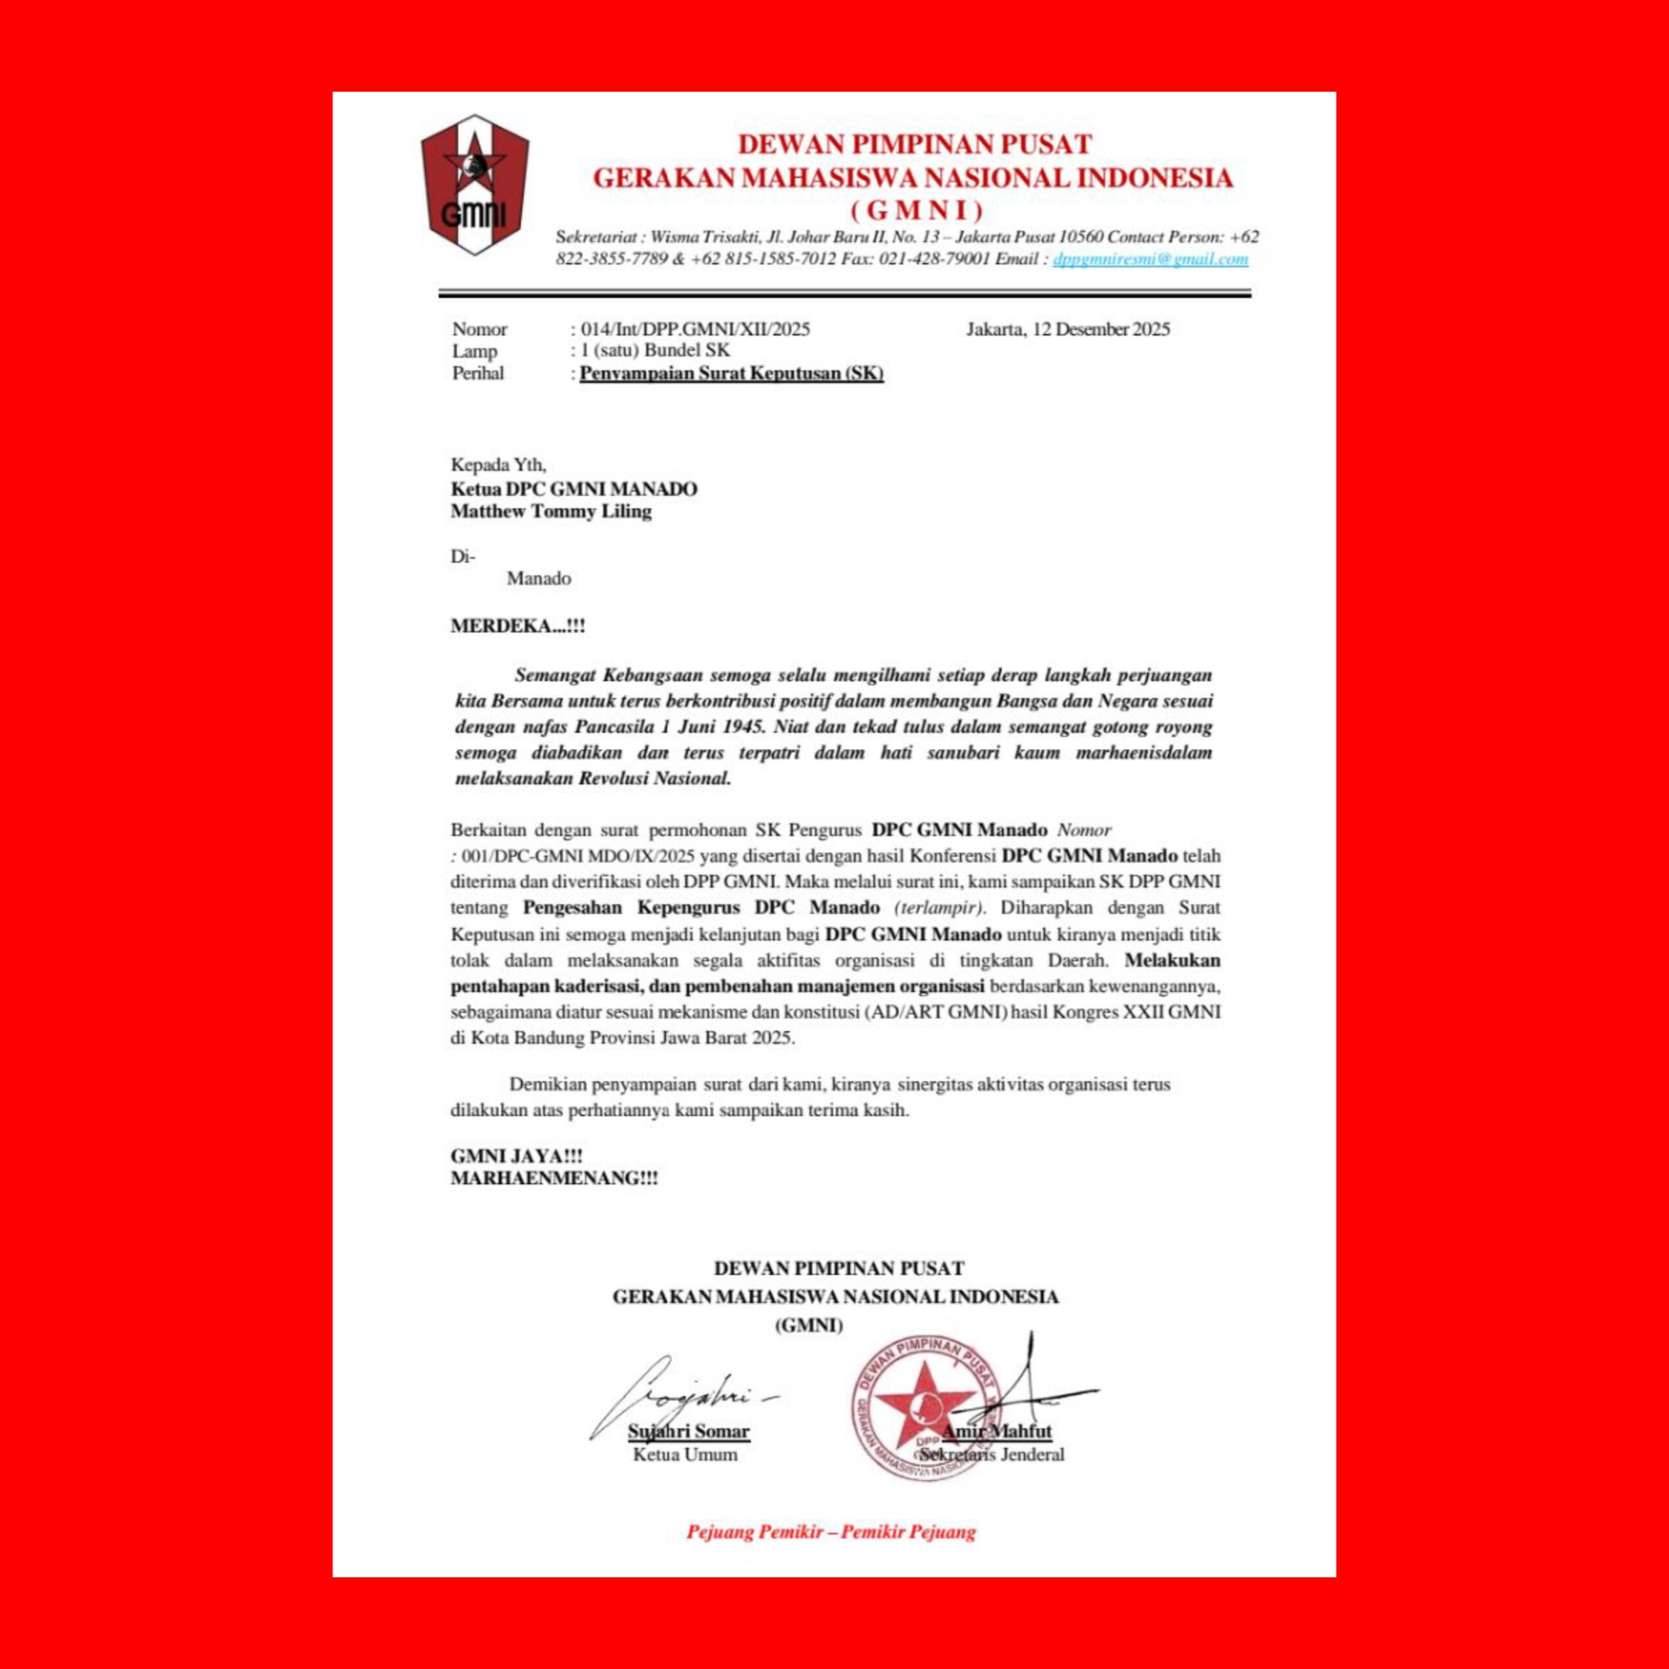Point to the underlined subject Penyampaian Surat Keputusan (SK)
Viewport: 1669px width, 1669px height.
(x=731, y=374)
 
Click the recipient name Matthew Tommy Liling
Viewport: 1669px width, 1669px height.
(x=551, y=511)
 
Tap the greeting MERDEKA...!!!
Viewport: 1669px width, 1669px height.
(x=518, y=625)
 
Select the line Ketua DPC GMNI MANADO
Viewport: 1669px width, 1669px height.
(x=574, y=489)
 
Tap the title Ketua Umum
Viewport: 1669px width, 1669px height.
(x=685, y=1455)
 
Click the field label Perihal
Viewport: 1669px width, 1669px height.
(x=478, y=374)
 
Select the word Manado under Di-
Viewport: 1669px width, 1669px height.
(x=539, y=579)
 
